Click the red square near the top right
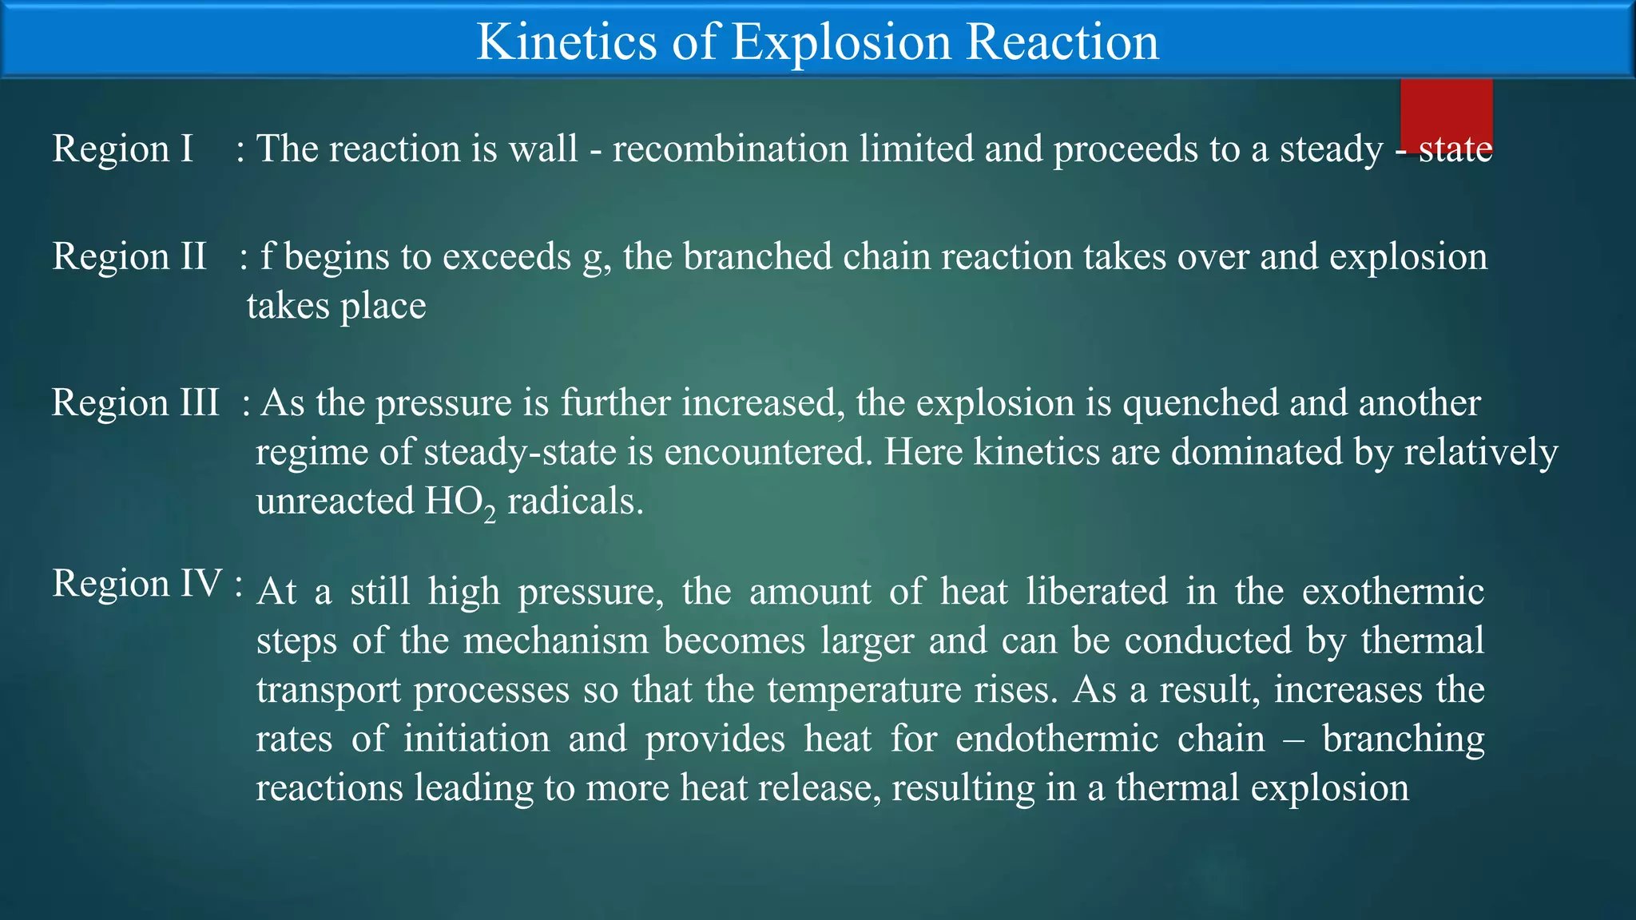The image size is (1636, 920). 1446,112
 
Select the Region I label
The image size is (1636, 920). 123,149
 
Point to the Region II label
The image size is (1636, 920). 129,257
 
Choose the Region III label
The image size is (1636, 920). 135,402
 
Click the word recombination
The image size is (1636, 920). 730,149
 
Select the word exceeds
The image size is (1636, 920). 506,257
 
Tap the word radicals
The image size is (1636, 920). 575,502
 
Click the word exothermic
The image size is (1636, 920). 1392,592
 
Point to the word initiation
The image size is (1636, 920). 476,739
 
